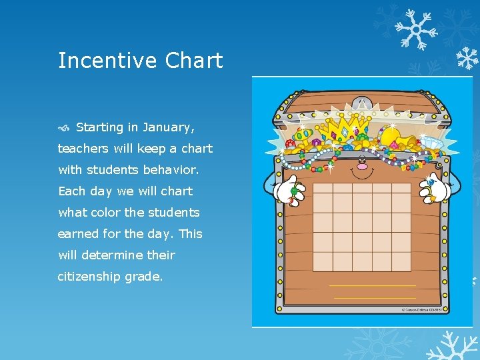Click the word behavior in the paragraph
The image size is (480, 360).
click(x=171, y=170)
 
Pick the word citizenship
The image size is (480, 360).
click(x=89, y=277)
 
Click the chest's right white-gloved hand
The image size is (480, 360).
click(x=433, y=189)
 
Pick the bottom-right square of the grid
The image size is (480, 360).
click(x=401, y=261)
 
